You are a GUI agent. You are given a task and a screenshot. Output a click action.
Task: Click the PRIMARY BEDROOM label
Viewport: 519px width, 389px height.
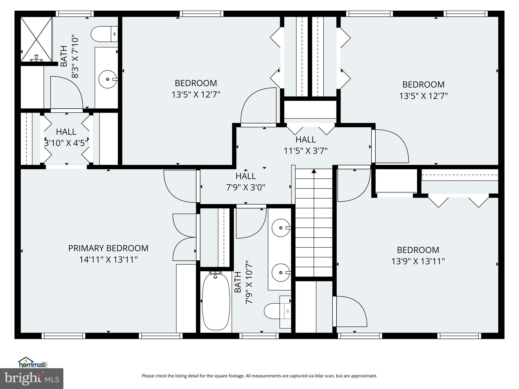108,248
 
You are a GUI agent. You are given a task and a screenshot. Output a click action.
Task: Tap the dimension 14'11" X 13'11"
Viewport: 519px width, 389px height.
108,260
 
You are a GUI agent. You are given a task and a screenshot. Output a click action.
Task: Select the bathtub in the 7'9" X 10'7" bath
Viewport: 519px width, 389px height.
216,301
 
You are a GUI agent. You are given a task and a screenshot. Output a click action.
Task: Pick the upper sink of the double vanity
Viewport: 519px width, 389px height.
281,228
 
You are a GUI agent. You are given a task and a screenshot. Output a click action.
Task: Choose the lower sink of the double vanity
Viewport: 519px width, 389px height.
281,273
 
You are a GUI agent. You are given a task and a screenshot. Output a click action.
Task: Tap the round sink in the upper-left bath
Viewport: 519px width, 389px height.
107,79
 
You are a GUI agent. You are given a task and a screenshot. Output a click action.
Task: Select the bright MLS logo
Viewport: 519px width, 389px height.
32,378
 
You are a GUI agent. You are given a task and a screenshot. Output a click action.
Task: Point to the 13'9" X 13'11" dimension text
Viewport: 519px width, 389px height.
418,261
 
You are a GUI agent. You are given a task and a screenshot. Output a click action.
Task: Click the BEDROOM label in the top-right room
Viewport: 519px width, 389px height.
423,85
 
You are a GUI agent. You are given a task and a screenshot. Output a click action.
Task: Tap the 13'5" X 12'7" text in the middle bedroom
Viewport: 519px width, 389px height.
196,95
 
